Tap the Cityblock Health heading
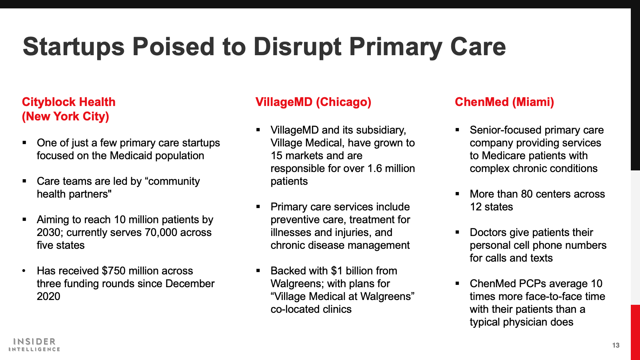[x=68, y=109]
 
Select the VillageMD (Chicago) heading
[x=313, y=102]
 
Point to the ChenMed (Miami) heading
[x=504, y=102]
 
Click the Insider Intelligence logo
[x=34, y=344]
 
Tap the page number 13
[x=616, y=345]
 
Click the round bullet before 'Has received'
[x=24, y=271]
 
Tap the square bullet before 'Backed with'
[x=258, y=270]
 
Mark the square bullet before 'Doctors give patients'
[x=457, y=232]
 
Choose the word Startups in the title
[x=74, y=47]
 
